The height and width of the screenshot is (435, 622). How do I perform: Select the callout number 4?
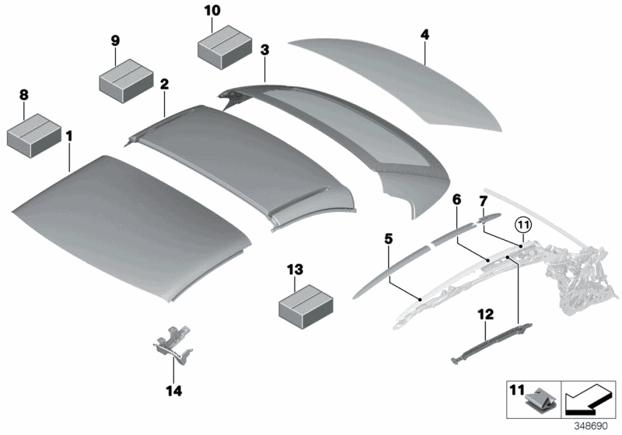pyautogui.click(x=425, y=34)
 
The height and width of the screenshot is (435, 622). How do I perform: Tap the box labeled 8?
pyautogui.click(x=34, y=133)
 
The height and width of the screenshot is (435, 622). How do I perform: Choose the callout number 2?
pyautogui.click(x=164, y=82)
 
